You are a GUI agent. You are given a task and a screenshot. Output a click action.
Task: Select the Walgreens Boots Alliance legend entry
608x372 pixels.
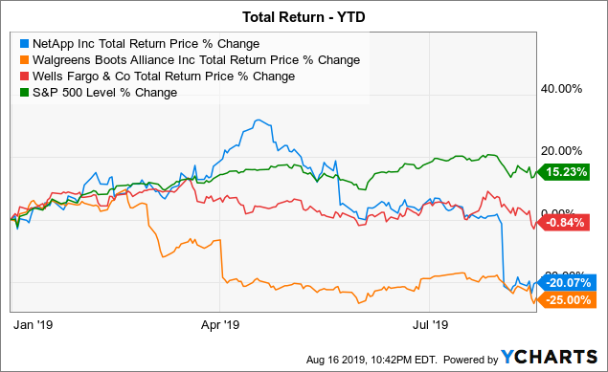(195, 59)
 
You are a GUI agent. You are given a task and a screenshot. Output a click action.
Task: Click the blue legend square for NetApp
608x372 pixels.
(23, 43)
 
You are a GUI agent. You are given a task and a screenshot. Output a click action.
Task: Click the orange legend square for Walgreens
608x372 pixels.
(23, 59)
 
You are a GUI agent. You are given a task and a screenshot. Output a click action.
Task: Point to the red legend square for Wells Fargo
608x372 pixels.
(23, 76)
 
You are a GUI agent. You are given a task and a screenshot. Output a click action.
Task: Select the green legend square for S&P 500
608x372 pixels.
(23, 92)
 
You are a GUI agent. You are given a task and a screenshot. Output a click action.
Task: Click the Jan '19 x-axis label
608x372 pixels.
(31, 324)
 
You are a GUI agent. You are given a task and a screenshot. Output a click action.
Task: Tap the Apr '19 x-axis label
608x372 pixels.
(221, 324)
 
